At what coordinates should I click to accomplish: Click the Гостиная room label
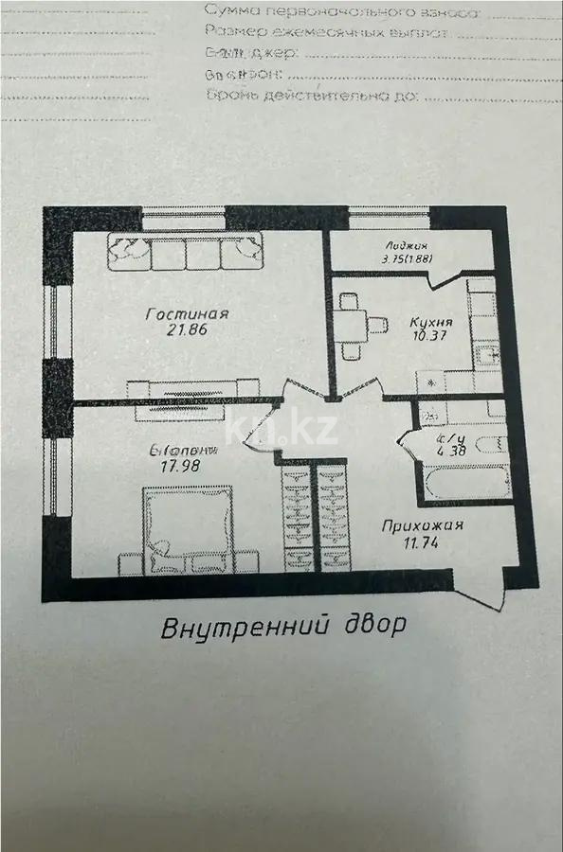point(189,314)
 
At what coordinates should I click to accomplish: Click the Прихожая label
point(422,528)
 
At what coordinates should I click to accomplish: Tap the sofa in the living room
point(186,251)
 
